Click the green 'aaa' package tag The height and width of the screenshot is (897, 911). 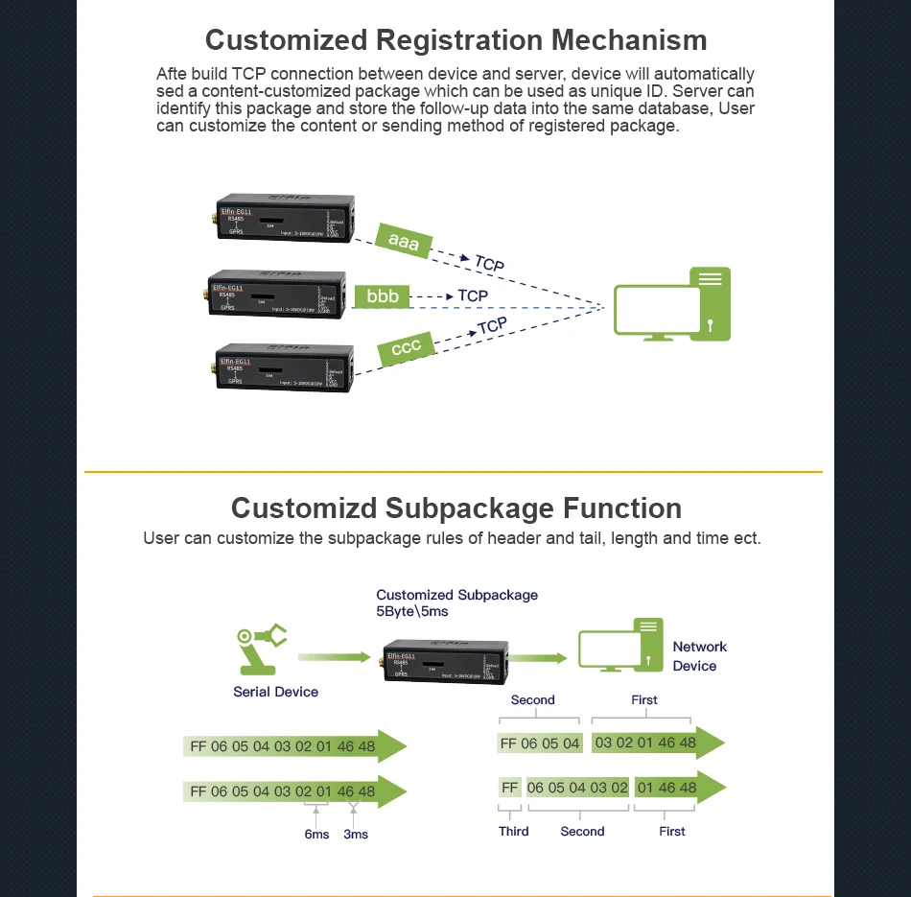[x=404, y=242]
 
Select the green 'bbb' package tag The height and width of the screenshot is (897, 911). [x=383, y=296]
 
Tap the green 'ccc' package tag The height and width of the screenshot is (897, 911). [x=407, y=347]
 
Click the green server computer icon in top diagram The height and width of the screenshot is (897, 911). [x=672, y=305]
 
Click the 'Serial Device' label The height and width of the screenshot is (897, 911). [x=275, y=692]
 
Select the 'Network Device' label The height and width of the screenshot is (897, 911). [x=699, y=656]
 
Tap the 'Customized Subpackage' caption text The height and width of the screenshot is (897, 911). [x=456, y=595]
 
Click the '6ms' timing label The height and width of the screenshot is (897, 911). [x=316, y=835]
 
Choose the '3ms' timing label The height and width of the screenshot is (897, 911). [x=356, y=835]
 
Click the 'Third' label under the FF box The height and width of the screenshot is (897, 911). [x=513, y=831]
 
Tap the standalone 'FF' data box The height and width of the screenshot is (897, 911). [x=509, y=788]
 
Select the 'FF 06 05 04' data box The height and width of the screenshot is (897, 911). [x=540, y=744]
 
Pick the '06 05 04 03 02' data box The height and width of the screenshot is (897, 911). [x=577, y=788]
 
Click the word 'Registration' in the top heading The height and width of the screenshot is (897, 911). [x=456, y=40]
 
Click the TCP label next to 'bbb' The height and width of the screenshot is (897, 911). [x=473, y=296]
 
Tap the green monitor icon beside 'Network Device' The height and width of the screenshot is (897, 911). [x=620, y=648]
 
